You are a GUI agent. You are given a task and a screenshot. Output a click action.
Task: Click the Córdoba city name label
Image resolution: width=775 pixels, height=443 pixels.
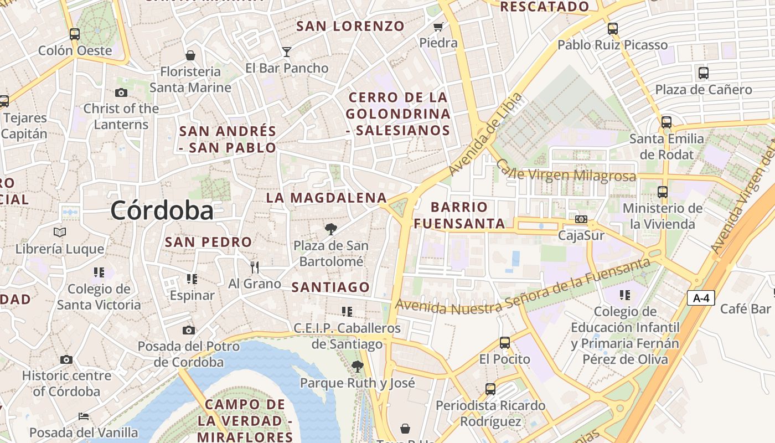(162, 210)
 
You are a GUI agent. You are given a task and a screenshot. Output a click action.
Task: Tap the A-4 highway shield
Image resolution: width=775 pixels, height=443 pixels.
(701, 298)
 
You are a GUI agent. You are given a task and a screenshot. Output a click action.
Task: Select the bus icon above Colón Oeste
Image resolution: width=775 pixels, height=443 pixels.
(75, 34)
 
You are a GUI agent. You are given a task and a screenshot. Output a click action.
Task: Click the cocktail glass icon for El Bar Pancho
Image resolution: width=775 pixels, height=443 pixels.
(286, 52)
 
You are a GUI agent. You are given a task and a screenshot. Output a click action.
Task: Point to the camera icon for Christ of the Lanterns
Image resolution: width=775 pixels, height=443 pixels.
(121, 92)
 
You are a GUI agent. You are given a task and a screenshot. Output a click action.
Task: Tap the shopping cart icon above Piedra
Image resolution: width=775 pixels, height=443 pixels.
(438, 27)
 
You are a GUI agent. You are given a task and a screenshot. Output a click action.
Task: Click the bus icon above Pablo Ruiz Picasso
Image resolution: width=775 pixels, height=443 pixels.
(612, 29)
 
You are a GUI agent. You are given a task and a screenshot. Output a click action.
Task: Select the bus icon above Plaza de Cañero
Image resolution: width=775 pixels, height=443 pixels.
(703, 73)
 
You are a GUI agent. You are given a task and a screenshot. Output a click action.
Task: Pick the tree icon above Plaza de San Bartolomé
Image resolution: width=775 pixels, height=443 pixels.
(330, 229)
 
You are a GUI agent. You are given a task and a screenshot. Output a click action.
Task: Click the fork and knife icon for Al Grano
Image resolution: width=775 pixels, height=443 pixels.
(255, 267)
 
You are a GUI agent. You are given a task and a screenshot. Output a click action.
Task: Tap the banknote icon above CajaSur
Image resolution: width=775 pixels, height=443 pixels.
(581, 219)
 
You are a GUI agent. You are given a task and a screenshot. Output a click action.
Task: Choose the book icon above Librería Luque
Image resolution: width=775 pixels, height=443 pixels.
(60, 233)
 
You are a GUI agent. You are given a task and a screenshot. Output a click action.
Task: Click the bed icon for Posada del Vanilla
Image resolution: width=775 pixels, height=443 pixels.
(84, 416)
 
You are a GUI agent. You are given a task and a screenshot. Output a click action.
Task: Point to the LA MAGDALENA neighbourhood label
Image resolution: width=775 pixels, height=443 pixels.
(327, 198)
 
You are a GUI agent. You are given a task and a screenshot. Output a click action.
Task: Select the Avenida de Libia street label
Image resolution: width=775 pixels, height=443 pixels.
(485, 134)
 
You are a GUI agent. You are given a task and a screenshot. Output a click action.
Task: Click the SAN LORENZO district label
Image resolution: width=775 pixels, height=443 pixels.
(351, 26)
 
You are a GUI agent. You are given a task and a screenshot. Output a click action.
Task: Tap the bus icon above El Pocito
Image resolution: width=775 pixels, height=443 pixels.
(504, 343)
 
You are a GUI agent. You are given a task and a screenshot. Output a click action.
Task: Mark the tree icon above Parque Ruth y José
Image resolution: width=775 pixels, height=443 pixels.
(358, 366)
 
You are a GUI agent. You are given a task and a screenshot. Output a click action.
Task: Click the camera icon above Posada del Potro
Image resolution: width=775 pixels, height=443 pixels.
(189, 330)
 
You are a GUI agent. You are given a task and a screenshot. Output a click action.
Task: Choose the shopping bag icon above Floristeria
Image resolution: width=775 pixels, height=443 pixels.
(190, 55)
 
